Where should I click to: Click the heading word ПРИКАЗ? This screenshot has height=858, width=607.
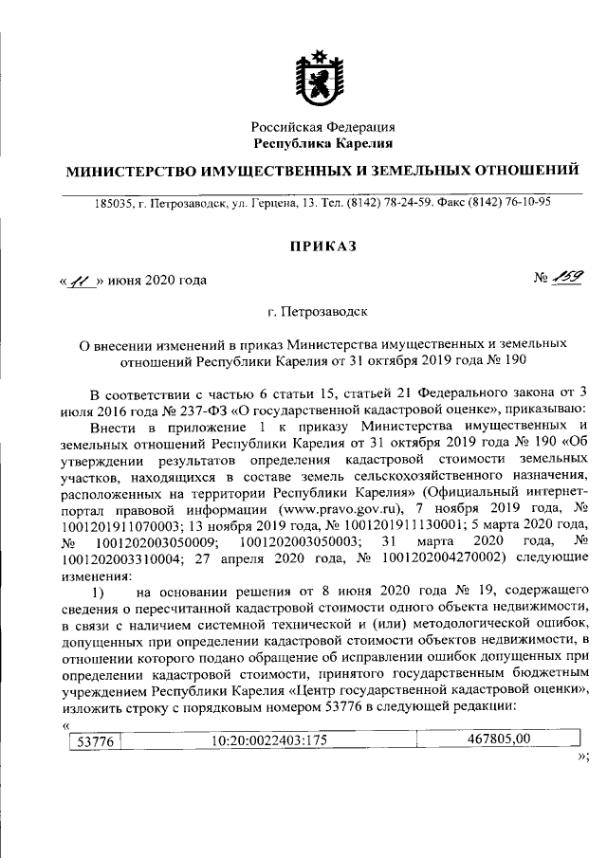click(x=322, y=246)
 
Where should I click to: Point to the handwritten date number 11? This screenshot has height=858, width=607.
click(x=82, y=281)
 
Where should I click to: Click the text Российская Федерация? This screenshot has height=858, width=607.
click(x=322, y=127)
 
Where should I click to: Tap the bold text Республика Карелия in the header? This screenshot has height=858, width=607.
click(x=322, y=143)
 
